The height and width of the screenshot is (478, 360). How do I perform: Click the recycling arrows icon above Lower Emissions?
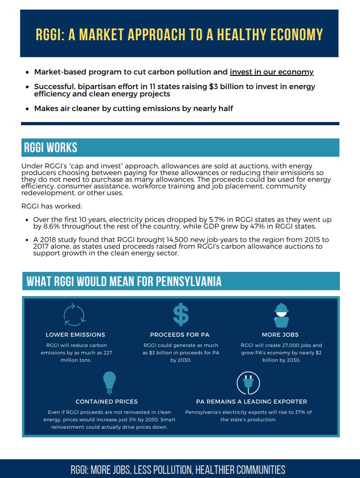pos(74,315)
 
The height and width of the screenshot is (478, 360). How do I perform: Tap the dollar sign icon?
pos(181,314)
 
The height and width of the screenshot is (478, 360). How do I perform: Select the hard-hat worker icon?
pos(281,315)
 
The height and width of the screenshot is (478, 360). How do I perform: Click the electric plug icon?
pos(248,383)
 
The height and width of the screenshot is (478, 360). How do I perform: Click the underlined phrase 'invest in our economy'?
pos(271,72)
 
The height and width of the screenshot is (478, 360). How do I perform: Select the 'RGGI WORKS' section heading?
pos(51,148)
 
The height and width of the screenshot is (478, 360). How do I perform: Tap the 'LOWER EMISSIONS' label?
pos(75,335)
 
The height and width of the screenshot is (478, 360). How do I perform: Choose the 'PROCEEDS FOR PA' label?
pos(180,335)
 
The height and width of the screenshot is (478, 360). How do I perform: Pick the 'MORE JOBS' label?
pos(280,335)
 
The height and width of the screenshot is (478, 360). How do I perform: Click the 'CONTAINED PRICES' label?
pos(107,402)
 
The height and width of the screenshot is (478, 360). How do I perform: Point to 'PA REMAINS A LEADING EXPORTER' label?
pos(252,402)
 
